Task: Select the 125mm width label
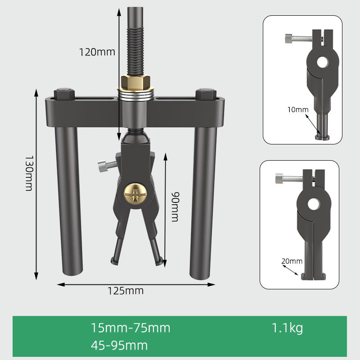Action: pos(126,291)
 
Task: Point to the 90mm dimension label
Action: pos(174,206)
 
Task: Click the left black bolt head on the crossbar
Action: pos(64,94)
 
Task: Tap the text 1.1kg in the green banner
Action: pos(287,328)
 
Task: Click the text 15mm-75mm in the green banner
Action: pos(130,328)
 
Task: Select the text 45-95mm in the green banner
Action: pos(119,346)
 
